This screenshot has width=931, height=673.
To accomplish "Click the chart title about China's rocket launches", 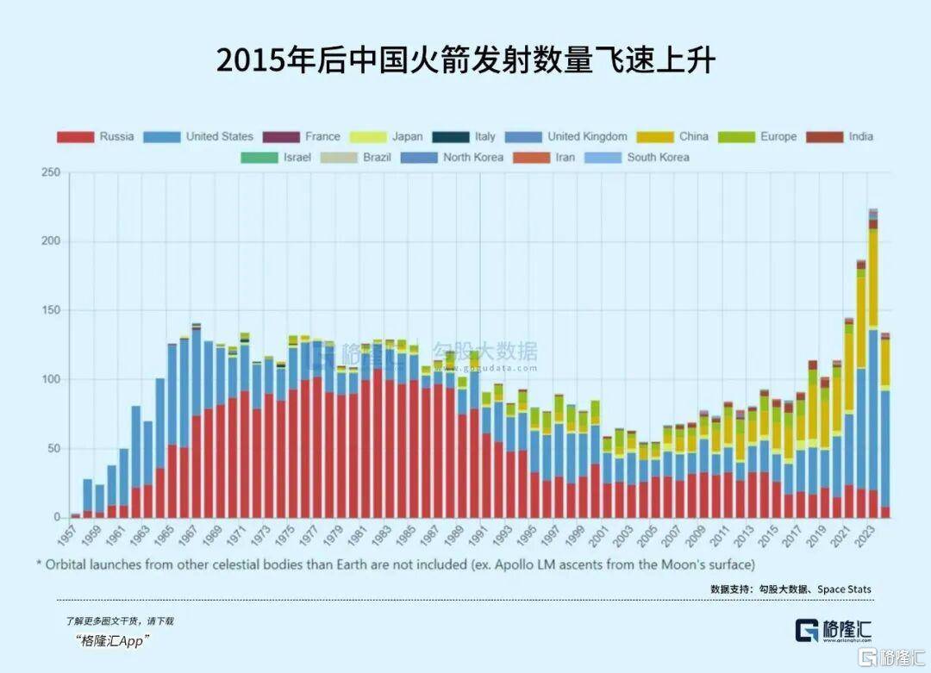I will click(465, 62).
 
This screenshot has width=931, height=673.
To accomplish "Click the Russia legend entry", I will click(96, 136).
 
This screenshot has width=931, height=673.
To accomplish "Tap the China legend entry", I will click(672, 136).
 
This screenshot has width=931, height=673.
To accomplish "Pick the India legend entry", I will click(840, 136).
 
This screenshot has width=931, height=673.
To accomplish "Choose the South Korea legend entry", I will click(637, 157).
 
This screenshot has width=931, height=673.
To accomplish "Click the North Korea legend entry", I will click(458, 157).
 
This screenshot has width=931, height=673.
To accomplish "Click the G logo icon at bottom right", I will click(807, 630).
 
